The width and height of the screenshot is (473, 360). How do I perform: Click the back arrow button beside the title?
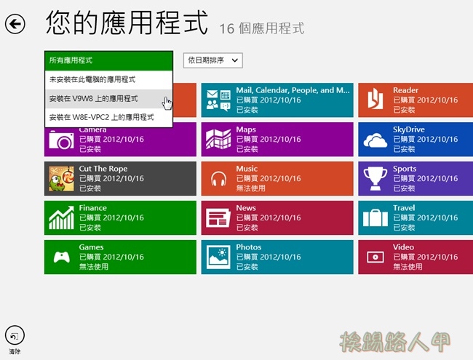[15, 24]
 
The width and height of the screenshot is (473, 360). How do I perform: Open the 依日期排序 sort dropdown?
[212, 60]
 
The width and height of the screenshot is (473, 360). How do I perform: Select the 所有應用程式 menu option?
[108, 60]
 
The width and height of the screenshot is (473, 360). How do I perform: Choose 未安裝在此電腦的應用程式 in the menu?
[108, 80]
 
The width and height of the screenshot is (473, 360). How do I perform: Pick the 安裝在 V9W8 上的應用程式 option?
[108, 99]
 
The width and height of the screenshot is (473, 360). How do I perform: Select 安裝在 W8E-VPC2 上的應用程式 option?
[108, 117]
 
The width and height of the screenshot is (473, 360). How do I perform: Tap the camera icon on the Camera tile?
[61, 140]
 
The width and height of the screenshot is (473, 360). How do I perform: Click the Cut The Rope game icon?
[61, 179]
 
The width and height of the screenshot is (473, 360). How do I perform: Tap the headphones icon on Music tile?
[218, 179]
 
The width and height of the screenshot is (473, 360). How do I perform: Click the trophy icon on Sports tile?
[375, 178]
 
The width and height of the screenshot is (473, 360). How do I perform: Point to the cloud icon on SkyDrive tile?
[375, 140]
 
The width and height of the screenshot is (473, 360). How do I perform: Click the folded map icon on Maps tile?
[218, 140]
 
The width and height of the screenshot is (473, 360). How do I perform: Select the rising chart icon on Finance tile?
[62, 217]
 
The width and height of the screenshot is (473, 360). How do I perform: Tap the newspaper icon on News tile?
[218, 218]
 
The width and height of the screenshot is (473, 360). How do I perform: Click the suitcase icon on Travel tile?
[375, 218]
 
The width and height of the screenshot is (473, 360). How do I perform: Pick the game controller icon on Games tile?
[62, 257]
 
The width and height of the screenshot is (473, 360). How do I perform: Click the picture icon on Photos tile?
[218, 257]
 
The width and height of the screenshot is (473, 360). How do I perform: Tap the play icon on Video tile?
[375, 257]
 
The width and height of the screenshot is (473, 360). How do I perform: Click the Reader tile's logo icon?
[375, 99]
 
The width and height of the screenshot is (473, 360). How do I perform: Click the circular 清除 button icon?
[15, 335]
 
